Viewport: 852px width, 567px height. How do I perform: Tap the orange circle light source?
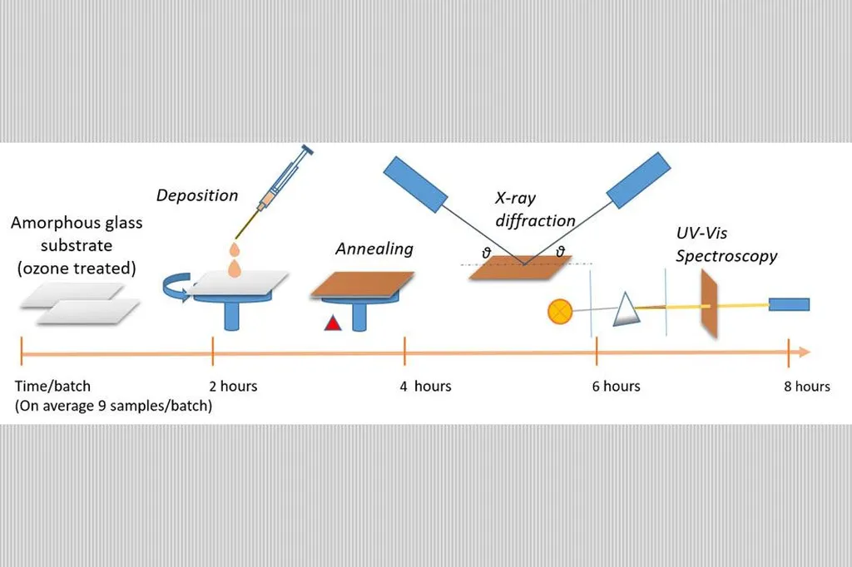(557, 311)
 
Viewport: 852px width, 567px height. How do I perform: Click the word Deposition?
(197, 195)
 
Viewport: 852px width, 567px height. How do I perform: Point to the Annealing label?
(374, 249)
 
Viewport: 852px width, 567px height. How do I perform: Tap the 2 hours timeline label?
(232, 386)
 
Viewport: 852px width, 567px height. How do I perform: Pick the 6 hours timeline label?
(617, 386)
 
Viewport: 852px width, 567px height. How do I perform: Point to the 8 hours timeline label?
(806, 386)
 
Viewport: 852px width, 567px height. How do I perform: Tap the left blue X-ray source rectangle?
(415, 182)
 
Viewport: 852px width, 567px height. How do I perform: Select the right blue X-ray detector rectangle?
(638, 180)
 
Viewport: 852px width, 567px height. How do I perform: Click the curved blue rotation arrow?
(176, 288)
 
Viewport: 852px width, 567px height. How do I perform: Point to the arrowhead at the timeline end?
(803, 353)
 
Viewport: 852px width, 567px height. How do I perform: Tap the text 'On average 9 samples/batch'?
(114, 406)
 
